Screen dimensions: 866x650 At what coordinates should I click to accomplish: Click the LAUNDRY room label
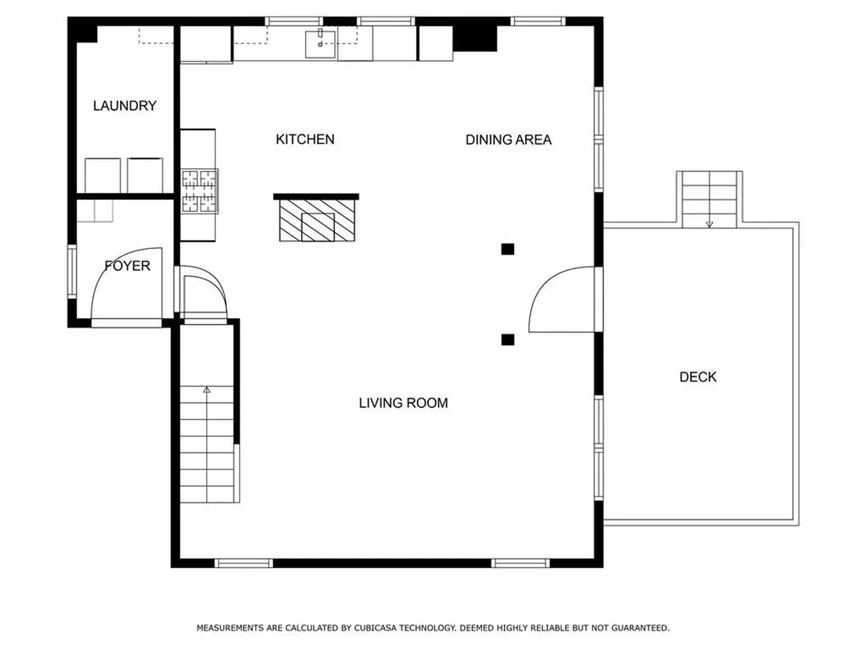pyautogui.click(x=125, y=106)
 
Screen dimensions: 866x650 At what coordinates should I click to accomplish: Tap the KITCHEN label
pyautogui.click(x=304, y=140)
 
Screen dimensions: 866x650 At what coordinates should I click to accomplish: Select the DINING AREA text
pyautogui.click(x=508, y=140)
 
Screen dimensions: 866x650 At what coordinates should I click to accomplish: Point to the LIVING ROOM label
pyautogui.click(x=403, y=403)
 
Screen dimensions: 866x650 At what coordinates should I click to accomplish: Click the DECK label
pyautogui.click(x=698, y=377)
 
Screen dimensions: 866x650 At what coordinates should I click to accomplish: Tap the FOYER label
pyautogui.click(x=128, y=266)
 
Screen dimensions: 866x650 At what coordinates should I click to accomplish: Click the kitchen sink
pyautogui.click(x=321, y=44)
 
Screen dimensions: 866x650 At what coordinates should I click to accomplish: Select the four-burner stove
pyautogui.click(x=200, y=191)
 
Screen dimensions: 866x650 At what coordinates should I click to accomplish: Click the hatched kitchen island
pyautogui.click(x=317, y=220)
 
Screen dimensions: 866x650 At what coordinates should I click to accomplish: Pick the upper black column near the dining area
pyautogui.click(x=507, y=250)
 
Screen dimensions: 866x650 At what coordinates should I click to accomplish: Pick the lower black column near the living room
pyautogui.click(x=507, y=339)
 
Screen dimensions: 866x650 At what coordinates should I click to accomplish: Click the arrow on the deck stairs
pyautogui.click(x=710, y=224)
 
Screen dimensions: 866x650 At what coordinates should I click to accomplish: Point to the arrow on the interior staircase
pyautogui.click(x=206, y=390)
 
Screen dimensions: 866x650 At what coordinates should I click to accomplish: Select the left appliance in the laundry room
pyautogui.click(x=102, y=175)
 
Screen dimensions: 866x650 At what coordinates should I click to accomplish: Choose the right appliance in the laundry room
pyautogui.click(x=145, y=175)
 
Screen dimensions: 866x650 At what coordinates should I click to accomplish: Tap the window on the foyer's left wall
pyautogui.click(x=72, y=272)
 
